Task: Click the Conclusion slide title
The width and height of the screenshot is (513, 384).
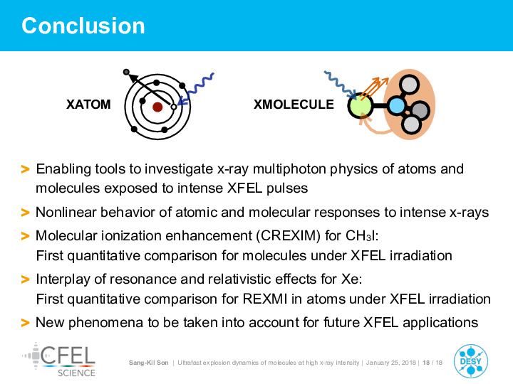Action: [83, 26]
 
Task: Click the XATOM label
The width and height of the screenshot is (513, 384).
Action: [88, 105]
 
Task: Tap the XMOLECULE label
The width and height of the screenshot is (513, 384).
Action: [294, 105]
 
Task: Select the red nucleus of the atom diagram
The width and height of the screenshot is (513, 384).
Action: [157, 107]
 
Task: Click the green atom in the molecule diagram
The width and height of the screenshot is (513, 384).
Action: [361, 106]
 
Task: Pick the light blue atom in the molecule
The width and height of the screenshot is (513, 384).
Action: [396, 106]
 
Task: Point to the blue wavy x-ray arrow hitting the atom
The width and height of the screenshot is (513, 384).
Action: [196, 89]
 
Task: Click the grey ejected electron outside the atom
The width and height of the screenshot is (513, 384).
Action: [126, 72]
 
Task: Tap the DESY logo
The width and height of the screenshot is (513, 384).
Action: [471, 361]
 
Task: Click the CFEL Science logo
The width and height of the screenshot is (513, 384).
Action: [59, 360]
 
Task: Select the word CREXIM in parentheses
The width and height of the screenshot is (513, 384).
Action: [289, 235]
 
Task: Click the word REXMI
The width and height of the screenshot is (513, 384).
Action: [264, 299]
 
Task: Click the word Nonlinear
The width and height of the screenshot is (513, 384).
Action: [66, 212]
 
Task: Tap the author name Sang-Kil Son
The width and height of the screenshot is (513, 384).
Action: [148, 363]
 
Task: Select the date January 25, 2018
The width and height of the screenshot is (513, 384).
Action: [391, 363]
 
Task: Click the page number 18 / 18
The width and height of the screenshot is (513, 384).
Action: [432, 363]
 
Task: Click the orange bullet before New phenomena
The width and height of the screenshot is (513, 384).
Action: [25, 323]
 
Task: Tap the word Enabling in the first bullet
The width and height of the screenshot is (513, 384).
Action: [63, 169]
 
